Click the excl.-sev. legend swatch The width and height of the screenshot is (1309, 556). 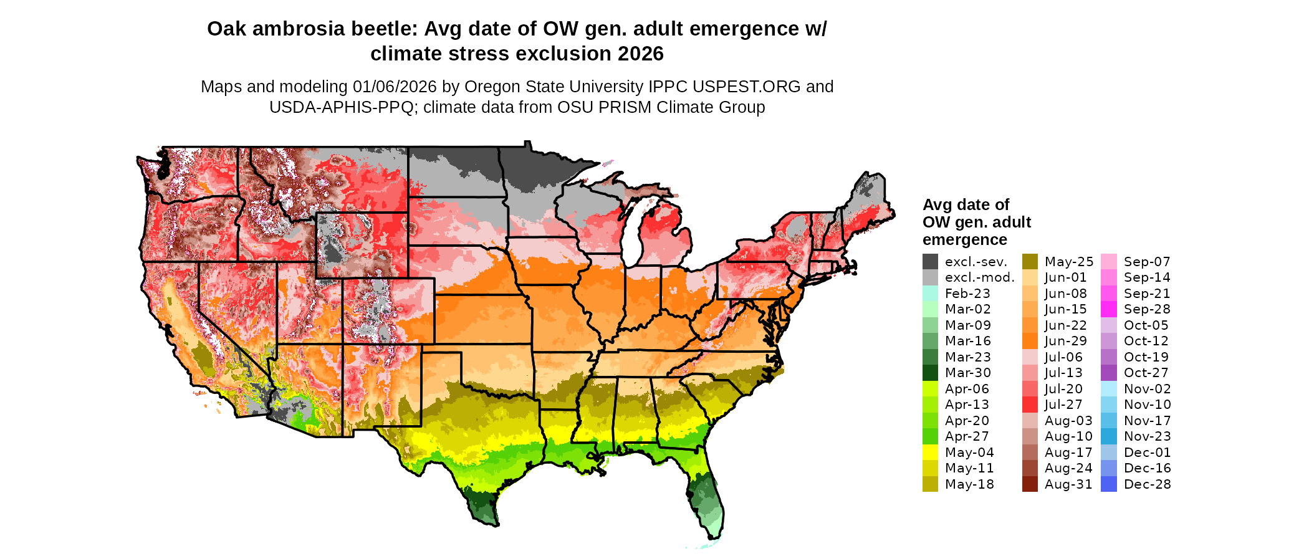click(x=930, y=262)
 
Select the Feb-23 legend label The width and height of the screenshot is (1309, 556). click(x=967, y=294)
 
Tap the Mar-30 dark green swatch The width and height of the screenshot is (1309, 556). click(x=930, y=373)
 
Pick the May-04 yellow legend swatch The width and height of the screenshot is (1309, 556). click(x=930, y=453)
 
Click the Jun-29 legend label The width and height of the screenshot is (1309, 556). click(x=1065, y=341)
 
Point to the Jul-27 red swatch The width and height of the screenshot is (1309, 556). click(x=1030, y=405)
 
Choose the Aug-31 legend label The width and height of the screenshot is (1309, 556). click(x=1068, y=484)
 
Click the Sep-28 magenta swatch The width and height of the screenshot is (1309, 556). click(x=1109, y=309)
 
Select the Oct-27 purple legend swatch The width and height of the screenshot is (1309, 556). click(x=1109, y=373)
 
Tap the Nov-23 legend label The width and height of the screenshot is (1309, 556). click(x=1147, y=436)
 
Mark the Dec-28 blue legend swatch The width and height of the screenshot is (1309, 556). click(x=1109, y=484)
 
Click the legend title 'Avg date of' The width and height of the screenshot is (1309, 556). click(x=966, y=205)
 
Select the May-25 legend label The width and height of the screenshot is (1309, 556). click(x=1068, y=262)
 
